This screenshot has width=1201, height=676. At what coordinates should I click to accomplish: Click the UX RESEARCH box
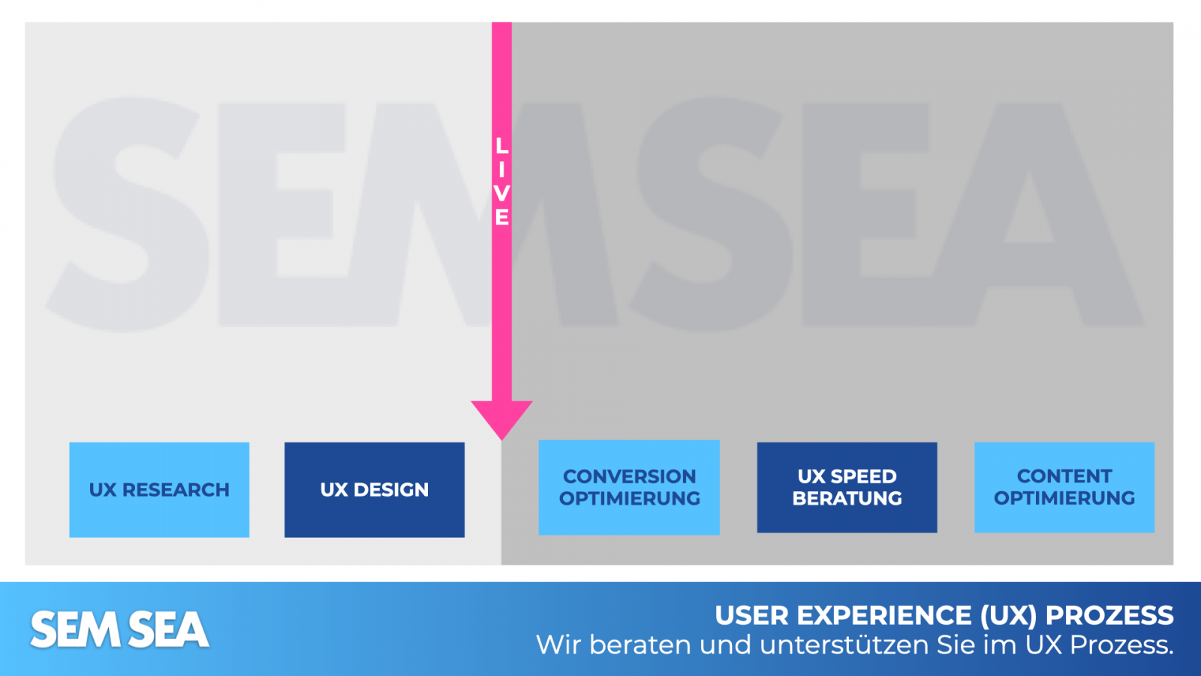tap(159, 490)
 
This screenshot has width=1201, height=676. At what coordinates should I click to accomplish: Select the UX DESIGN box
tap(374, 490)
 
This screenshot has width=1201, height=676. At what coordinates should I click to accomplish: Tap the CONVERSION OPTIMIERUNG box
tap(629, 487)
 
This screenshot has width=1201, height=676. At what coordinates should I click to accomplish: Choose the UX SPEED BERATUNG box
tap(847, 487)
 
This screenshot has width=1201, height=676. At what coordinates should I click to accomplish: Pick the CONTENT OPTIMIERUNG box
tap(1064, 487)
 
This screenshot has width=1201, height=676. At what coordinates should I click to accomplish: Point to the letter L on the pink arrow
tap(501, 146)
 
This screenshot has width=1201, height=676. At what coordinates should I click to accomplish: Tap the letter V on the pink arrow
tap(501, 194)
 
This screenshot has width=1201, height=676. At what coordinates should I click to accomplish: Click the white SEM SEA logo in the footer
tap(119, 629)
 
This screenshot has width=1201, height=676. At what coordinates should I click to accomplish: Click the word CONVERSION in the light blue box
tap(629, 476)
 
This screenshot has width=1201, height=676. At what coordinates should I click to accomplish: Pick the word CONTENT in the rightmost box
tap(1064, 476)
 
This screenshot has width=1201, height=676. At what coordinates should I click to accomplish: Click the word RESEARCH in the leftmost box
tap(176, 490)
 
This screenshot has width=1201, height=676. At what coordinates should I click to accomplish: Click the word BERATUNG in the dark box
tap(847, 498)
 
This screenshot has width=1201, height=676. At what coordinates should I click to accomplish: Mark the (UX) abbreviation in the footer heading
tap(1009, 616)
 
